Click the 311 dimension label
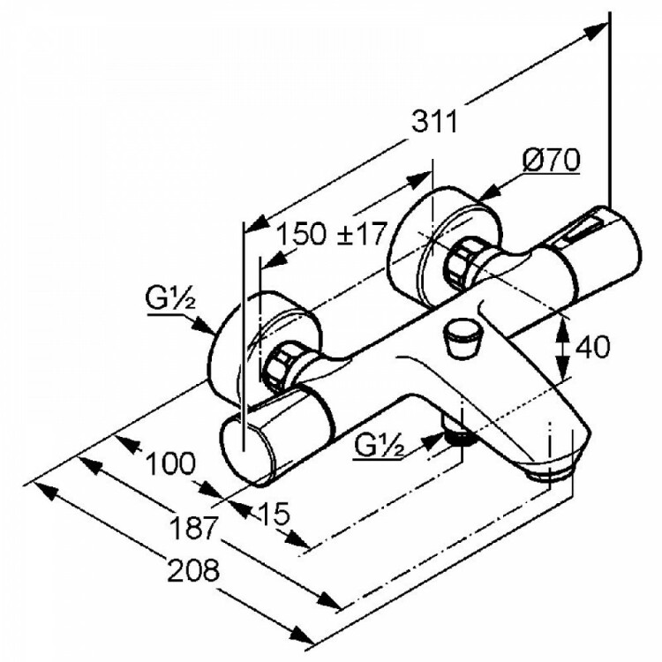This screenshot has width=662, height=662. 434,122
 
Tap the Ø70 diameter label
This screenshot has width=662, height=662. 551,160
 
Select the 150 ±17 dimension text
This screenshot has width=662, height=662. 331,234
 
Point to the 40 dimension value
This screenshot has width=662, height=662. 593,347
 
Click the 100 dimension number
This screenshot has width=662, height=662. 170,463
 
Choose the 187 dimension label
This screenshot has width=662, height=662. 193,527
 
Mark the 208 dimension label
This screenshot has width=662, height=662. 194,570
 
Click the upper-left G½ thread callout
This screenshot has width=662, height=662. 170,299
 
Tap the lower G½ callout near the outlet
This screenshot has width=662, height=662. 380,445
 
